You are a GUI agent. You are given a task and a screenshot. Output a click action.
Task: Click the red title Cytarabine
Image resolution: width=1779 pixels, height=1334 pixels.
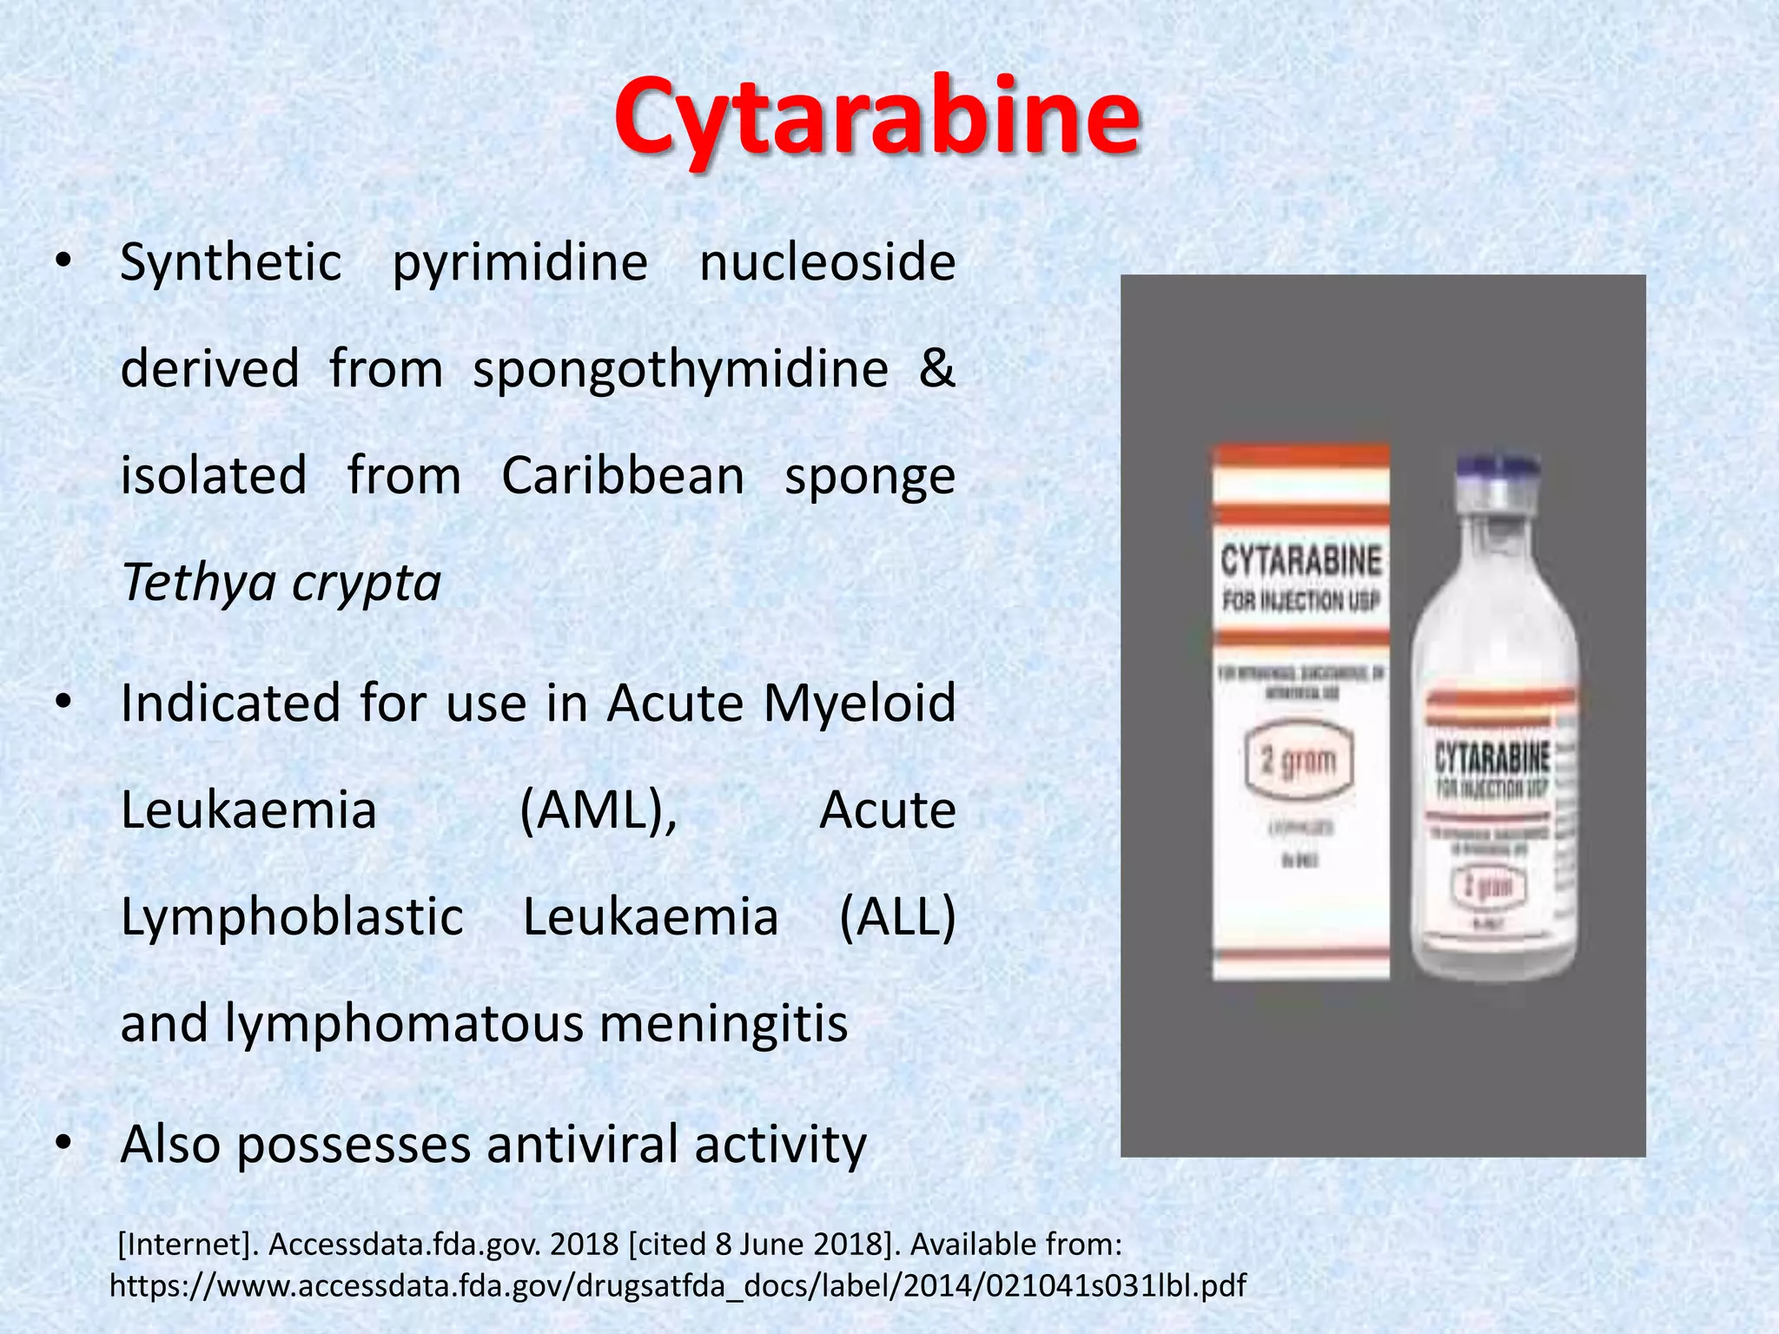coord(876,117)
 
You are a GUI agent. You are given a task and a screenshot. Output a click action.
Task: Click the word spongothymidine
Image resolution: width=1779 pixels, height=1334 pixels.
coord(680,368)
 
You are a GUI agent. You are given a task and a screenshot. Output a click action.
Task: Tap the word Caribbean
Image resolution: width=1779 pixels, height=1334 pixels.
coord(623,476)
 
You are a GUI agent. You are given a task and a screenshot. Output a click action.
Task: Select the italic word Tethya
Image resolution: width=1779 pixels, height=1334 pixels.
coord(198,583)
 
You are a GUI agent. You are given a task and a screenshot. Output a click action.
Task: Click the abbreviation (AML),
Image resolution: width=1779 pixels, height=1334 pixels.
coord(599,811)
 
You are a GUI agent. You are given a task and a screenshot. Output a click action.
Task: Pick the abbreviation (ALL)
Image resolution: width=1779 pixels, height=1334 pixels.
coord(897,917)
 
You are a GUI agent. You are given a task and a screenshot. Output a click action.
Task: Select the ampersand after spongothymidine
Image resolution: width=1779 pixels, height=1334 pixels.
coord(936,368)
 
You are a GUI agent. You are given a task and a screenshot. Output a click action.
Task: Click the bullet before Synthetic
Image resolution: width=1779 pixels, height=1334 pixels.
coord(62,264)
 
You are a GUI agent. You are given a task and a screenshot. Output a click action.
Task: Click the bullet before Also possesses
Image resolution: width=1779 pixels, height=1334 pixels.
coord(62,1146)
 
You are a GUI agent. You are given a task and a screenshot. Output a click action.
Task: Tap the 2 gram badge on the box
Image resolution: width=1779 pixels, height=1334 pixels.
coord(1299,762)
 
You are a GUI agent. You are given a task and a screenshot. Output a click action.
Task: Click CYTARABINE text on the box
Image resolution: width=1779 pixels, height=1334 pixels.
coord(1300,561)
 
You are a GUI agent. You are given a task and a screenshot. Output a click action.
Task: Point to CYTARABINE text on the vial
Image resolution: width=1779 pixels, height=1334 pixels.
coord(1491,757)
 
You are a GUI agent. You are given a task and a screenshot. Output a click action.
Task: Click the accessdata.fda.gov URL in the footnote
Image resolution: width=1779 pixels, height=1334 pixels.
coord(678,1285)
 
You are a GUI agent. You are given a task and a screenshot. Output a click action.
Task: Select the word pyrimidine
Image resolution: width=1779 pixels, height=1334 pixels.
coord(520,263)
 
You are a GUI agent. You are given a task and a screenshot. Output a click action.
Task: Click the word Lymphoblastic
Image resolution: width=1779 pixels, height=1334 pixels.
coord(292,917)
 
